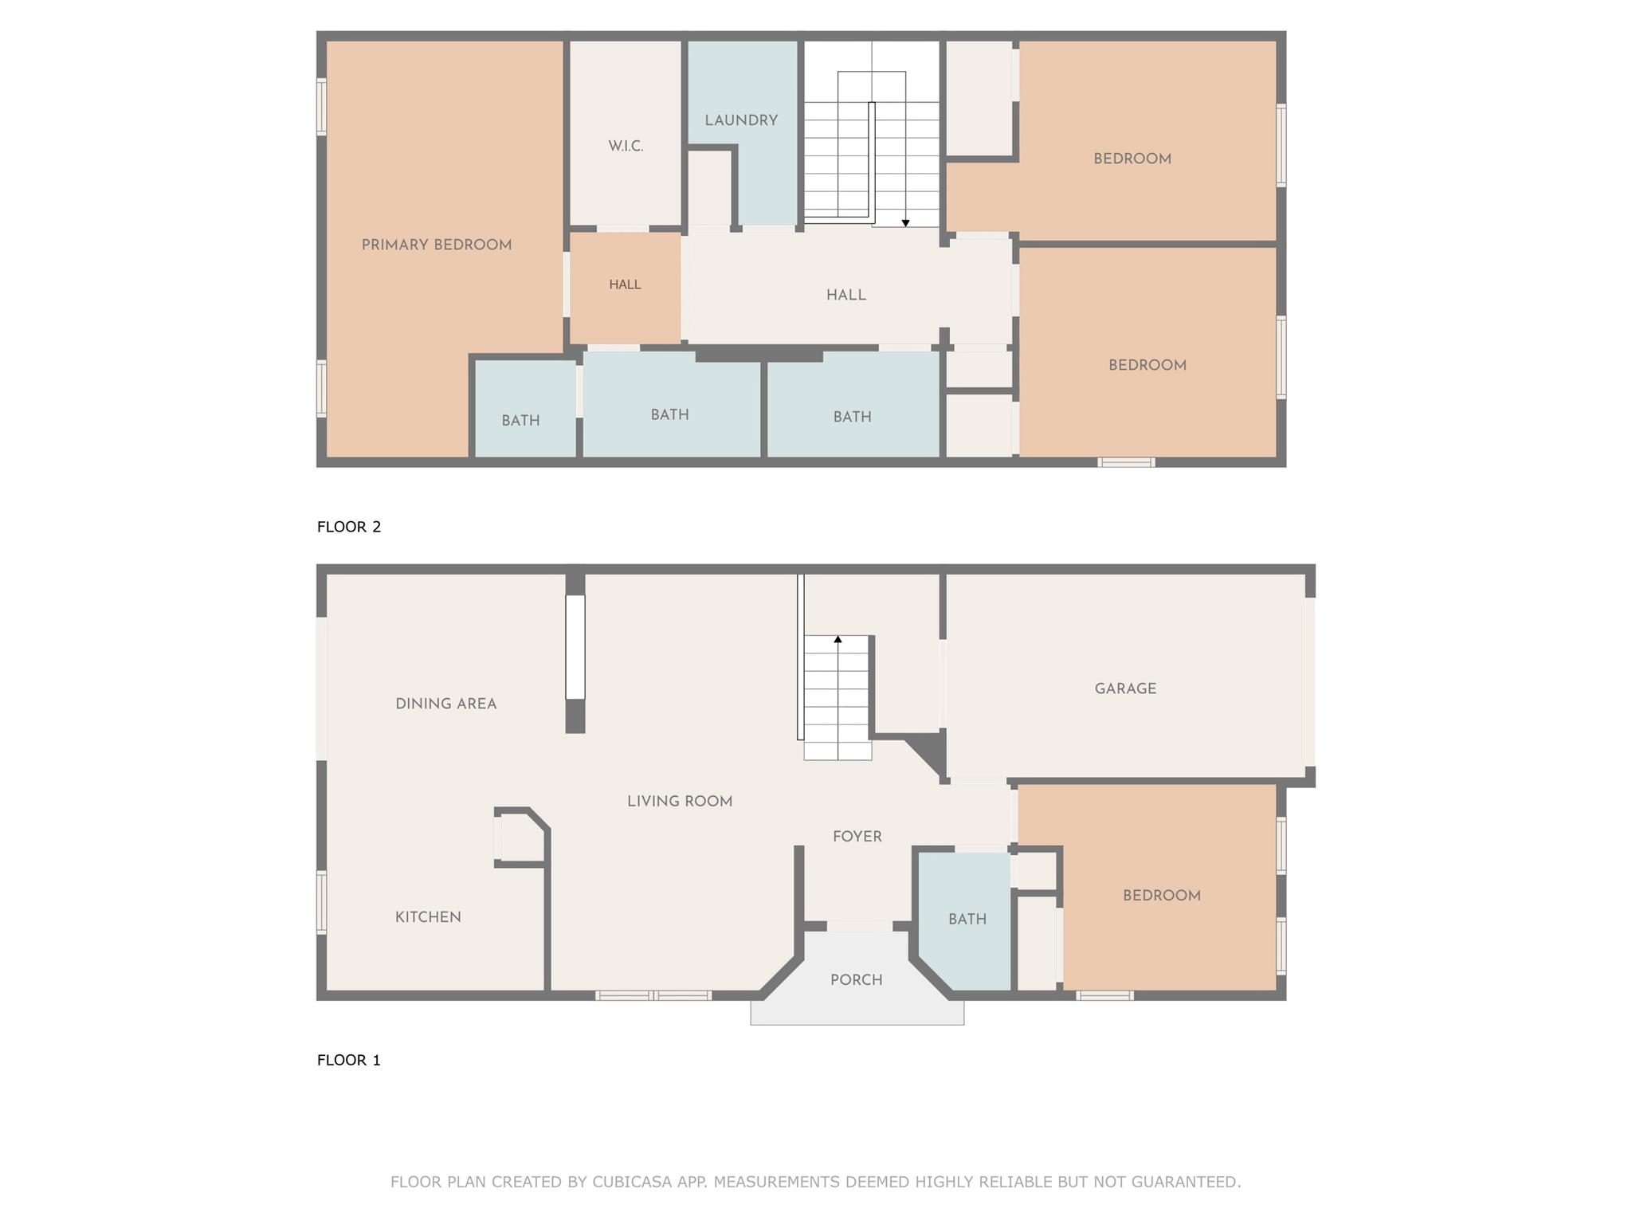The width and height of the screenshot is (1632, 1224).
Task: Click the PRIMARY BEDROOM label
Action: click(437, 245)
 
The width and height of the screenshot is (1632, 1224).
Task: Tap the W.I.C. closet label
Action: click(626, 147)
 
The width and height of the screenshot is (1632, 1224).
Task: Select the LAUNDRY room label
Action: click(741, 121)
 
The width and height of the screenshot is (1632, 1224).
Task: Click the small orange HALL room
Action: click(625, 285)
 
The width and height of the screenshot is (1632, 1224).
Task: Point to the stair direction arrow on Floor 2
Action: click(905, 223)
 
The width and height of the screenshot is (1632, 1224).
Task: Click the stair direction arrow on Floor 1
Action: click(838, 639)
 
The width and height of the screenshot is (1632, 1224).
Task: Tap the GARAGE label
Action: click(1125, 689)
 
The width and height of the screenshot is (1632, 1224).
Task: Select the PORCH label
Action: click(857, 980)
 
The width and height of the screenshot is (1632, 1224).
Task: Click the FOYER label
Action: click(857, 837)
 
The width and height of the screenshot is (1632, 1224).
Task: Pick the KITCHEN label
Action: click(428, 917)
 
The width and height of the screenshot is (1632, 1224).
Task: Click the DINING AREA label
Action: click(445, 704)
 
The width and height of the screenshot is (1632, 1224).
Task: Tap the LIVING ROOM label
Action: click(680, 802)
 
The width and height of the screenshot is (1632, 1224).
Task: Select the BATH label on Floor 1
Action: click(967, 920)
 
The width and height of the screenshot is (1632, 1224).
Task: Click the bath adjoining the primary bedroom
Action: click(520, 421)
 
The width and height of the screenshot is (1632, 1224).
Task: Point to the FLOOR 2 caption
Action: click(349, 527)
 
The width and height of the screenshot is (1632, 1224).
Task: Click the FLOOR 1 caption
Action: click(349, 1060)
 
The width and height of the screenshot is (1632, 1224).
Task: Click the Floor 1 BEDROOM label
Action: click(1161, 896)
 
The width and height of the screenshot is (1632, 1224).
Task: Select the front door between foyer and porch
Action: click(859, 926)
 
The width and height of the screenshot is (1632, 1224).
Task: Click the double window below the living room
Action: click(653, 995)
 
